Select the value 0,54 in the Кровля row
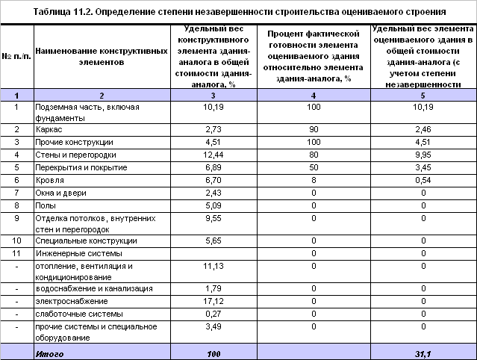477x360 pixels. pyautogui.click(x=423, y=179)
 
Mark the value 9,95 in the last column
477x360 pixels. pyautogui.click(x=423, y=155)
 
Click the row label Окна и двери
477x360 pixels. pyautogui.click(x=57, y=193)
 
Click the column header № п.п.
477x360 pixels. pyautogui.click(x=16, y=57)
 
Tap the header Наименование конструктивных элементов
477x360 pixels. pyautogui.click(x=90, y=57)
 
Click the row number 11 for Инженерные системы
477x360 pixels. pyautogui.click(x=16, y=253)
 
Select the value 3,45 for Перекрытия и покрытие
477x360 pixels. pyautogui.click(x=423, y=167)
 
